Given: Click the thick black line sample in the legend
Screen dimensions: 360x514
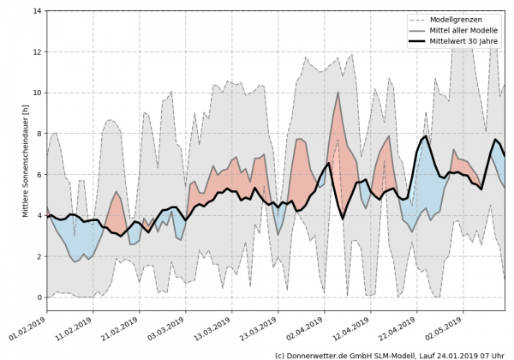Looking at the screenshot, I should click(420, 43).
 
